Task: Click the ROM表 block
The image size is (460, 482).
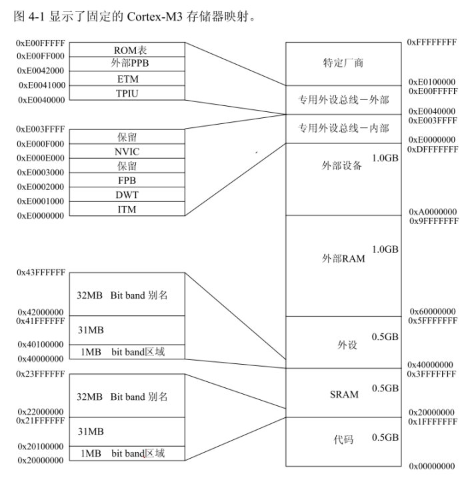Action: [127, 49]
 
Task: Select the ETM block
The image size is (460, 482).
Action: [127, 79]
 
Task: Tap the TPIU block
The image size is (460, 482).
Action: [127, 93]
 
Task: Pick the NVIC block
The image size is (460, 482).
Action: [127, 151]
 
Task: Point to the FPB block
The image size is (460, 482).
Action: [127, 180]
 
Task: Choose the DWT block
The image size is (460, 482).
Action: [127, 195]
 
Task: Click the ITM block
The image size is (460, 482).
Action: [127, 209]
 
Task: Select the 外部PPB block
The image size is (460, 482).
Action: [127, 64]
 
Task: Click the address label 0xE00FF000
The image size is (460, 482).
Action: [41, 56]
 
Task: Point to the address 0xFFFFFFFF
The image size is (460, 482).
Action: [432, 42]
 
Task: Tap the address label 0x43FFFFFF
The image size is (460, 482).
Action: [41, 273]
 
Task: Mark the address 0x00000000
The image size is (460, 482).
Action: [432, 466]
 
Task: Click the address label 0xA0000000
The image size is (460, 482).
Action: [433, 211]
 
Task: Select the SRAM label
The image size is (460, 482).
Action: [344, 395]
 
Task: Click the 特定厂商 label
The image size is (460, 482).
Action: [343, 63]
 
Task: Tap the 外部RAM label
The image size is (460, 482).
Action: [343, 259]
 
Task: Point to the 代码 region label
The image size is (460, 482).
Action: [343, 439]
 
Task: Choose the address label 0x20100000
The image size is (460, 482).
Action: [41, 447]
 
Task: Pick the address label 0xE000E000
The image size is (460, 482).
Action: [41, 158]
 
